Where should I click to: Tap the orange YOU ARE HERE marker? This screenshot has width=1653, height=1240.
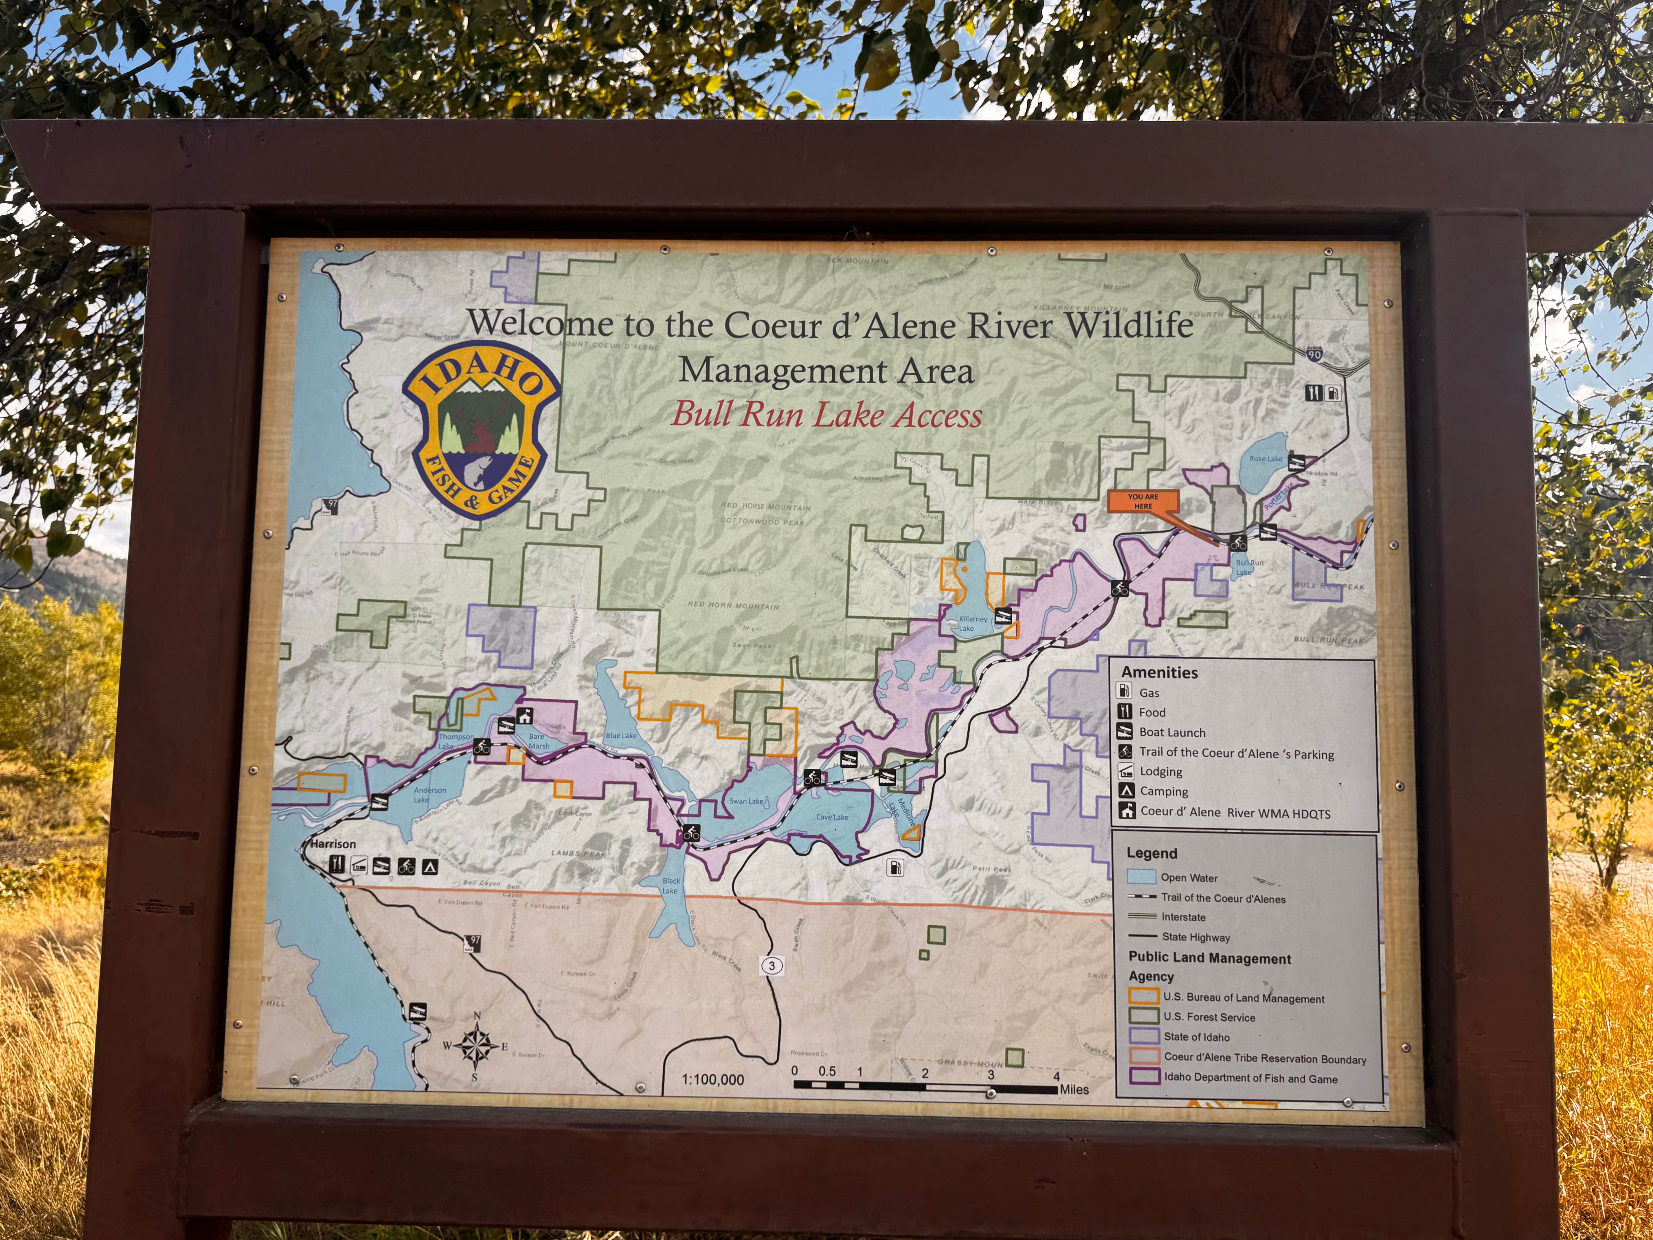[x=1143, y=501]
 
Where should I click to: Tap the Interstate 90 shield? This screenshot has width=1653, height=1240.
[x=1314, y=354]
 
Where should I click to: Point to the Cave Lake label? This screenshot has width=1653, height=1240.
[x=832, y=817]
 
